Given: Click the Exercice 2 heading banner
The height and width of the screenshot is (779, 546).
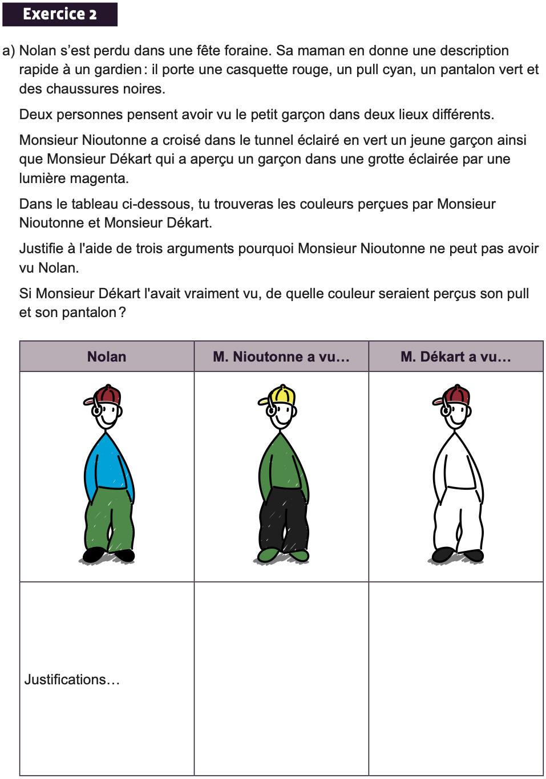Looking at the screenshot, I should point(60,14).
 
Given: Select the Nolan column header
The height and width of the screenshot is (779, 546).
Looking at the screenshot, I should point(107,356).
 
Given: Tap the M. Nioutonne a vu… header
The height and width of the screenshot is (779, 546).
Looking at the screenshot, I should point(281,356).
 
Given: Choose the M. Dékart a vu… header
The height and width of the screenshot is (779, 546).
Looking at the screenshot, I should point(456,356).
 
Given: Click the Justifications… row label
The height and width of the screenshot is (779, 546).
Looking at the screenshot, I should point(72,679).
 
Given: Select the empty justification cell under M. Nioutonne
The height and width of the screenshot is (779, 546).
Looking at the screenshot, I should point(281,679).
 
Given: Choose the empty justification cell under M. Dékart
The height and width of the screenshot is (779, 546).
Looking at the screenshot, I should point(456,679).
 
